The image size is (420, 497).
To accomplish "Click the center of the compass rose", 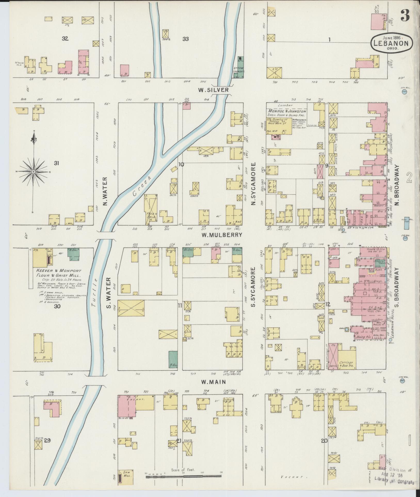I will click(x=34, y=172).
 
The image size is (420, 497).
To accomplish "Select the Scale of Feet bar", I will click(x=184, y=477).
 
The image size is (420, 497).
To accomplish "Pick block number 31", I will click(x=57, y=163).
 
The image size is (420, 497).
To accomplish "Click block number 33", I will click(x=185, y=39).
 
